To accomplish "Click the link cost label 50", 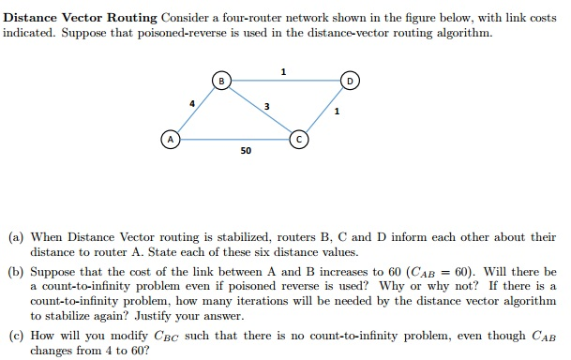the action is pyautogui.click(x=245, y=150).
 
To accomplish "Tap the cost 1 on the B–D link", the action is pyautogui.click(x=284, y=73).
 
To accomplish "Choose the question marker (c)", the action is pyautogui.click(x=16, y=333).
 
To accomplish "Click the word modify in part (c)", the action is pyautogui.click(x=119, y=333).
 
